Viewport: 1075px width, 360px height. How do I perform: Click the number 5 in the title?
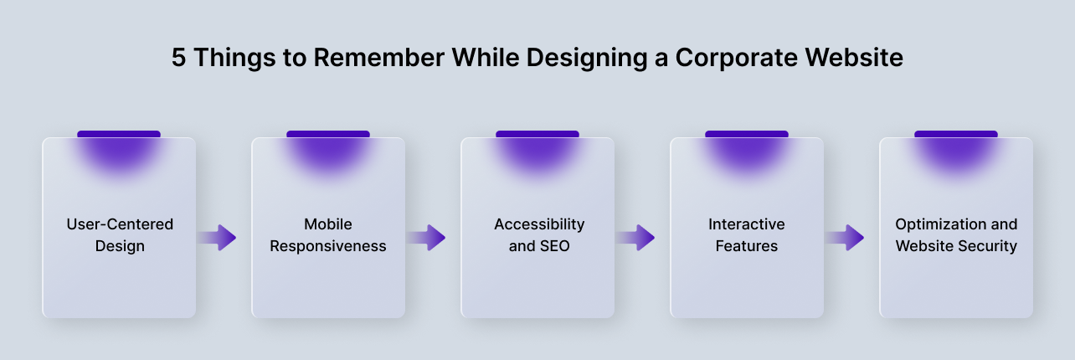pyautogui.click(x=179, y=58)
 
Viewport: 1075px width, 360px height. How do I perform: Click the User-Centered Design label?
pyautogui.click(x=120, y=235)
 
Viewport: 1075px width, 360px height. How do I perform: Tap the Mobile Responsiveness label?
pyautogui.click(x=328, y=235)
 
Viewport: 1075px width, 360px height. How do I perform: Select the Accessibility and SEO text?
pyautogui.click(x=538, y=235)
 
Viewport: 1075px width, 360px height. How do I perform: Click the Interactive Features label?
pyautogui.click(x=747, y=235)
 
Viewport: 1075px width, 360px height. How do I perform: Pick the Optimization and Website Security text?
pyautogui.click(x=956, y=235)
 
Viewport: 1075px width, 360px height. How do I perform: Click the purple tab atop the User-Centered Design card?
pyautogui.click(x=119, y=135)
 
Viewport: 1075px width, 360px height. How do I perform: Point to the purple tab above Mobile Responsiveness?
pyautogui.click(x=328, y=135)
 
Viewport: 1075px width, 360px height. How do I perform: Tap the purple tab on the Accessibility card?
pyautogui.click(x=537, y=135)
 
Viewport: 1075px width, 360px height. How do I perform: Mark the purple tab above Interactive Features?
pyautogui.click(x=747, y=135)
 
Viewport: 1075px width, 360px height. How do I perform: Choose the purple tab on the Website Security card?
pyautogui.click(x=956, y=135)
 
